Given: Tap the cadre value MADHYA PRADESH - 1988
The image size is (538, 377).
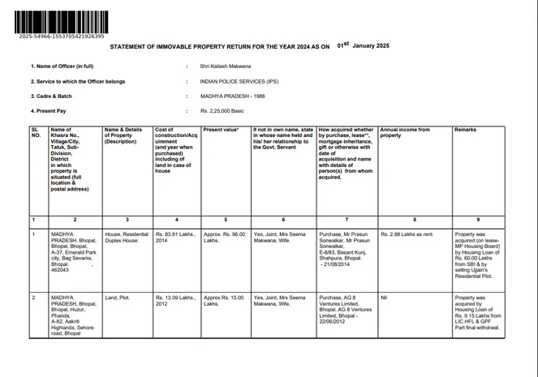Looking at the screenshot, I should pyautogui.click(x=235, y=96).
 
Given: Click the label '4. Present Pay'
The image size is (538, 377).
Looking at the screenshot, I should pyautogui.click(x=49, y=110).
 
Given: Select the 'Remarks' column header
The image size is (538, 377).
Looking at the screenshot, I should pyautogui.click(x=465, y=130).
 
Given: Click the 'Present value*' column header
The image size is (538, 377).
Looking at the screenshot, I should pyautogui.click(x=221, y=130).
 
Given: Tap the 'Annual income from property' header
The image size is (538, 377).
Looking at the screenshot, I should pyautogui.click(x=405, y=132).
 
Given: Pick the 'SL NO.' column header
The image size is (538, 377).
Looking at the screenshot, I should pyautogui.click(x=36, y=132).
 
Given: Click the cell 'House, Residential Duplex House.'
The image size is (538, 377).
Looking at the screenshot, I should pyautogui.click(x=127, y=238).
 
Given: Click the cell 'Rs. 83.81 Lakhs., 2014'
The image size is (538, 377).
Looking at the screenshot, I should pyautogui.click(x=174, y=238).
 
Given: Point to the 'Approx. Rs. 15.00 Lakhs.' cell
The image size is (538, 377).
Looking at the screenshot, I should pyautogui.click(x=223, y=301).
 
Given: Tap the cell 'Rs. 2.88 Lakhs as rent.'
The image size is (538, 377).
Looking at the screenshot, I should pyautogui.click(x=407, y=234).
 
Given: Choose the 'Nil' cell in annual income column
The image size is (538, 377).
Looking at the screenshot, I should pyautogui.click(x=384, y=298).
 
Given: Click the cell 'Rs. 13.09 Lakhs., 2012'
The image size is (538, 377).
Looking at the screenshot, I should pyautogui.click(x=174, y=301).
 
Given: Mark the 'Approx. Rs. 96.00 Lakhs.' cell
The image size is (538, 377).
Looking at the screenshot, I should pyautogui.click(x=224, y=238).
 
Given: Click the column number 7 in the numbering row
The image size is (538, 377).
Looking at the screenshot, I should pyautogui.click(x=346, y=220).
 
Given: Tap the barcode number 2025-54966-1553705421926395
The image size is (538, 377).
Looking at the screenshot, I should pyautogui.click(x=59, y=36).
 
